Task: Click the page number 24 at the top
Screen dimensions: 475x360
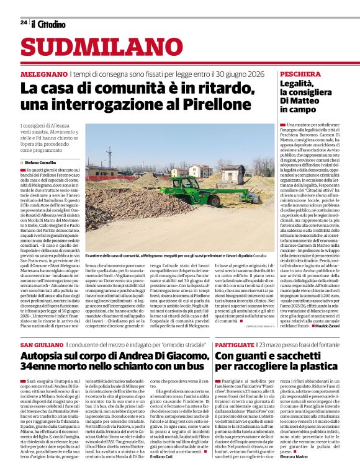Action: [24, 22]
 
